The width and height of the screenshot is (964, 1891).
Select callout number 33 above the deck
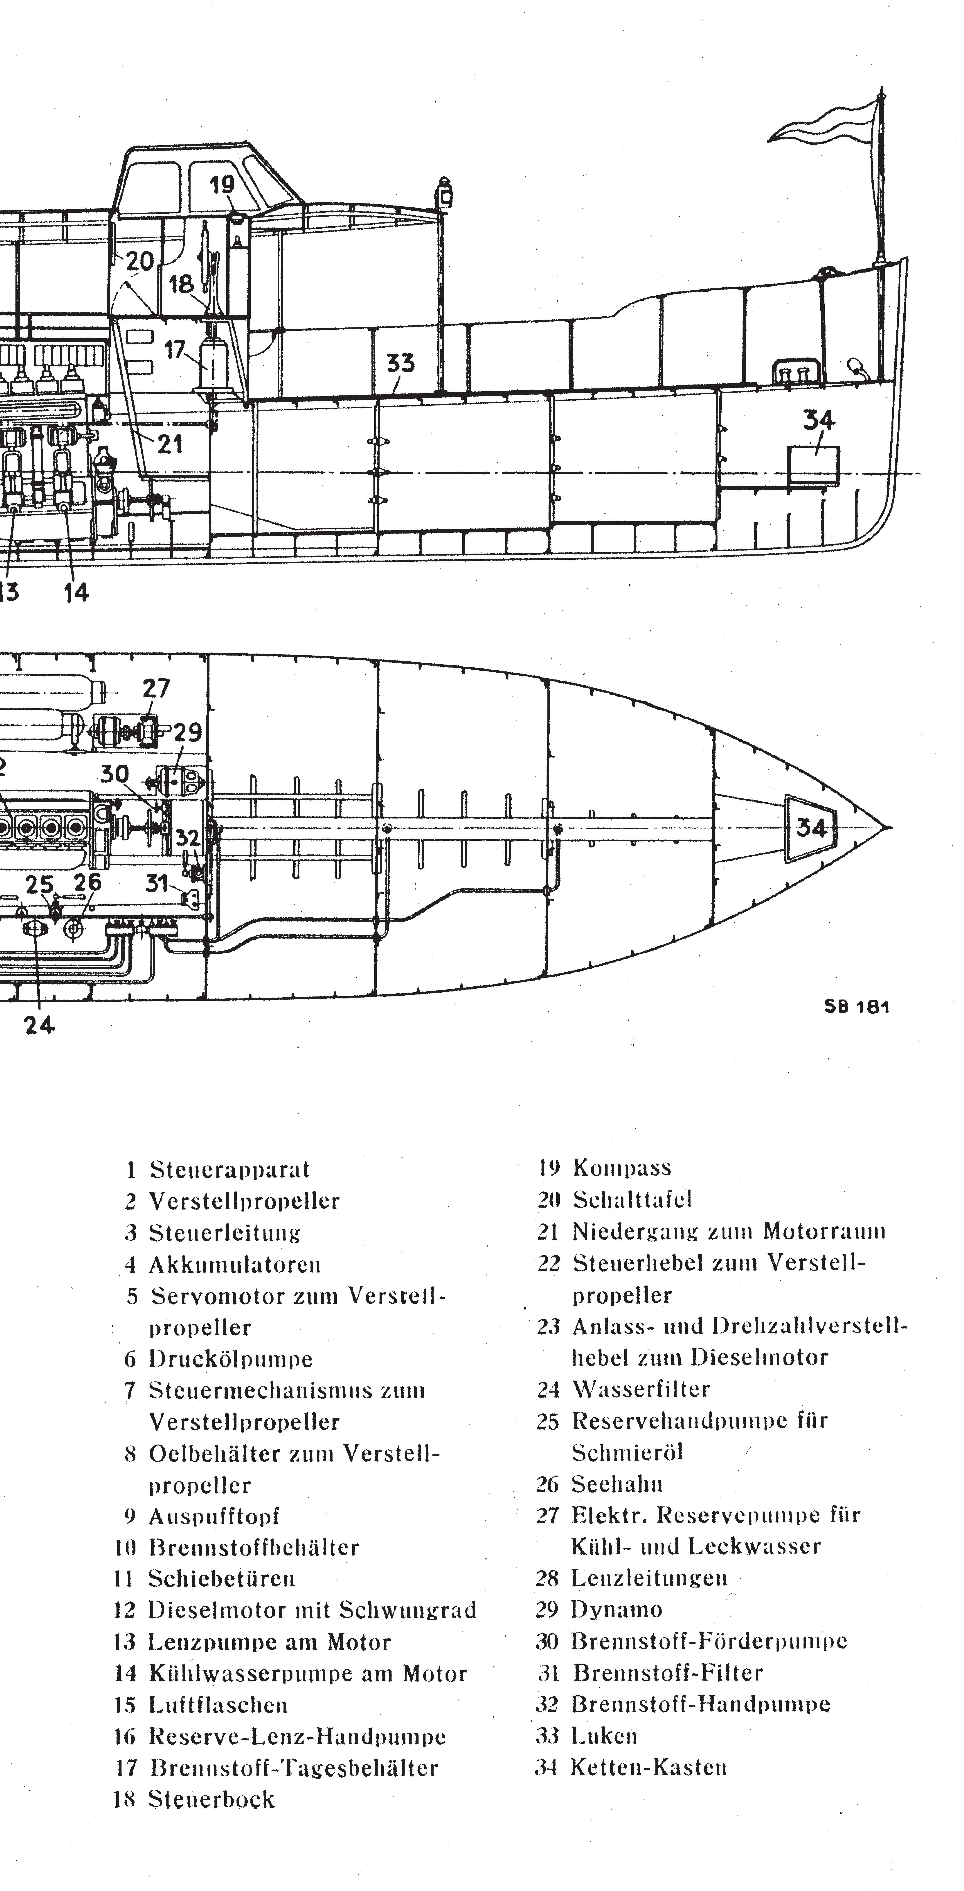click(x=401, y=363)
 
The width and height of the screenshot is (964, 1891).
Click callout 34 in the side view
click(x=818, y=421)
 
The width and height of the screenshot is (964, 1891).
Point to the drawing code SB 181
click(x=856, y=1006)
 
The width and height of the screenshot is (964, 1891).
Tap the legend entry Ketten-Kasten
click(x=648, y=1767)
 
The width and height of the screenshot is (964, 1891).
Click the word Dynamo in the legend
click(x=616, y=1609)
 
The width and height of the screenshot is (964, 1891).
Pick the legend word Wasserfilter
click(x=640, y=1389)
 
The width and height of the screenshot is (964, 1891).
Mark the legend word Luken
click(x=604, y=1735)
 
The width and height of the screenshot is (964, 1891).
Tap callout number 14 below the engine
click(x=76, y=592)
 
